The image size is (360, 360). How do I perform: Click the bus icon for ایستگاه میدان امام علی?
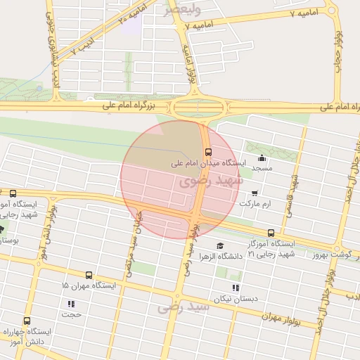[208, 152]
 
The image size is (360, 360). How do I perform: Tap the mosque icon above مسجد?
[262, 157]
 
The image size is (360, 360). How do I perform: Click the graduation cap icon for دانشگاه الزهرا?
[220, 245]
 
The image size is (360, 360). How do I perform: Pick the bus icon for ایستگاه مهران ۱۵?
[89, 275]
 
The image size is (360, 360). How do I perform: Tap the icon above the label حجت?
[71, 304]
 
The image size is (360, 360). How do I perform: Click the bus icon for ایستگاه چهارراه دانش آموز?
[27, 321]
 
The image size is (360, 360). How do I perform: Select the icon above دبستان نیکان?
[235, 287]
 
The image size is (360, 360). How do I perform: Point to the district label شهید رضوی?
[210, 181]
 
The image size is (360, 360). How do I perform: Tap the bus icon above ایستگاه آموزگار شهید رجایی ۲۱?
[271, 233]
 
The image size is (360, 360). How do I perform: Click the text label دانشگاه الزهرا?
[221, 256]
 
